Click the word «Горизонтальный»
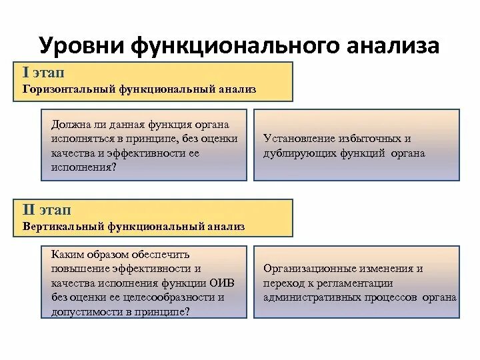pos(69,89)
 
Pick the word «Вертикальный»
pos(65,227)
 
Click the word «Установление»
pos(298,139)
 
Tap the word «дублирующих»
pos(299,153)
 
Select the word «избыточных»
pos(367,139)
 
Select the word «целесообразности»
pos(175,297)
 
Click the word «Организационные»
pos(306,269)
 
